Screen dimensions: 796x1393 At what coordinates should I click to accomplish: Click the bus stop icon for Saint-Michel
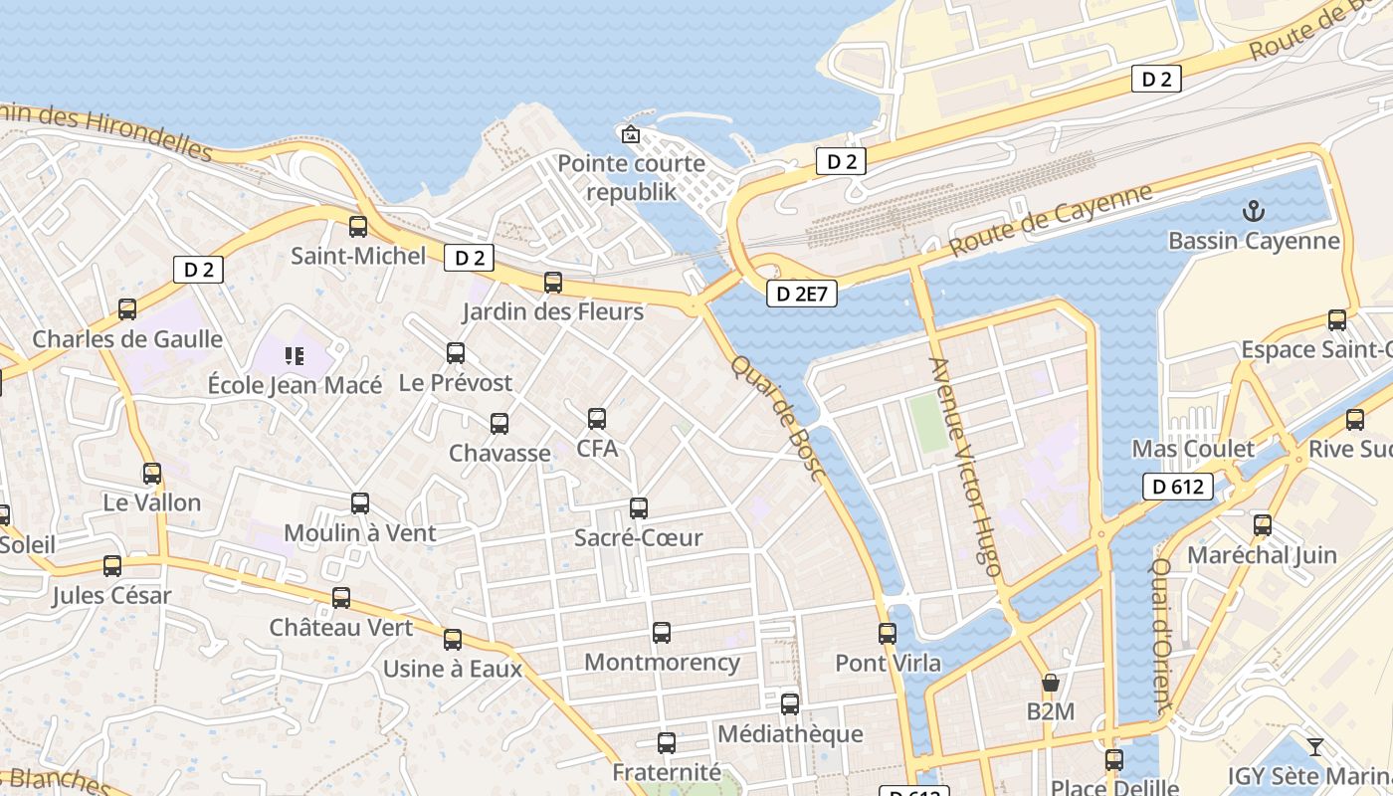pyautogui.click(x=358, y=227)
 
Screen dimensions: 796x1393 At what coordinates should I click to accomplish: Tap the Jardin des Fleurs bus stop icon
pyautogui.click(x=553, y=283)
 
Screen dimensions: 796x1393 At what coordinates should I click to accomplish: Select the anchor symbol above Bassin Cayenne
pyautogui.click(x=1254, y=211)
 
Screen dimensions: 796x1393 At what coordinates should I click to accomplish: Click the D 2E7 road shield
pyautogui.click(x=801, y=294)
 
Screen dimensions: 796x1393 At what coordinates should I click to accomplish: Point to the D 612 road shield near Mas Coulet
pyautogui.click(x=1178, y=487)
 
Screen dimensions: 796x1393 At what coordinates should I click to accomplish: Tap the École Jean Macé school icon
pyautogui.click(x=294, y=355)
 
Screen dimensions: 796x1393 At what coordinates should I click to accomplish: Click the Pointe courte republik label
pyautogui.click(x=631, y=177)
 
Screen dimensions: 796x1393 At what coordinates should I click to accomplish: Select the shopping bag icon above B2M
pyautogui.click(x=1050, y=683)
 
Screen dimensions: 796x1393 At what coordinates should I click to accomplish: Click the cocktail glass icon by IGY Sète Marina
pyautogui.click(x=1315, y=746)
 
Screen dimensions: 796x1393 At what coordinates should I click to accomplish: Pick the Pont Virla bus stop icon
pyautogui.click(x=888, y=633)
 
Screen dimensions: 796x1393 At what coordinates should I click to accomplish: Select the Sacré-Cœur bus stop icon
pyautogui.click(x=639, y=508)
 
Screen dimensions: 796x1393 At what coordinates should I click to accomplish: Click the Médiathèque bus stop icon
pyautogui.click(x=790, y=704)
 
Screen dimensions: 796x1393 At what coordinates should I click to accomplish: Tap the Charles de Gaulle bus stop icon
pyautogui.click(x=127, y=309)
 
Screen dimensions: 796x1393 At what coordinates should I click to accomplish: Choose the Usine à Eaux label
pyautogui.click(x=453, y=669)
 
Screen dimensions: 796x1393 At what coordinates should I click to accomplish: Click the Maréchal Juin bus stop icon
pyautogui.click(x=1263, y=525)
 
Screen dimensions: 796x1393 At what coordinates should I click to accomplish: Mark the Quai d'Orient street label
pyautogui.click(x=1162, y=635)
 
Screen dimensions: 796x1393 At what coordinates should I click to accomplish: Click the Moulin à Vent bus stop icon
pyautogui.click(x=360, y=503)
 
